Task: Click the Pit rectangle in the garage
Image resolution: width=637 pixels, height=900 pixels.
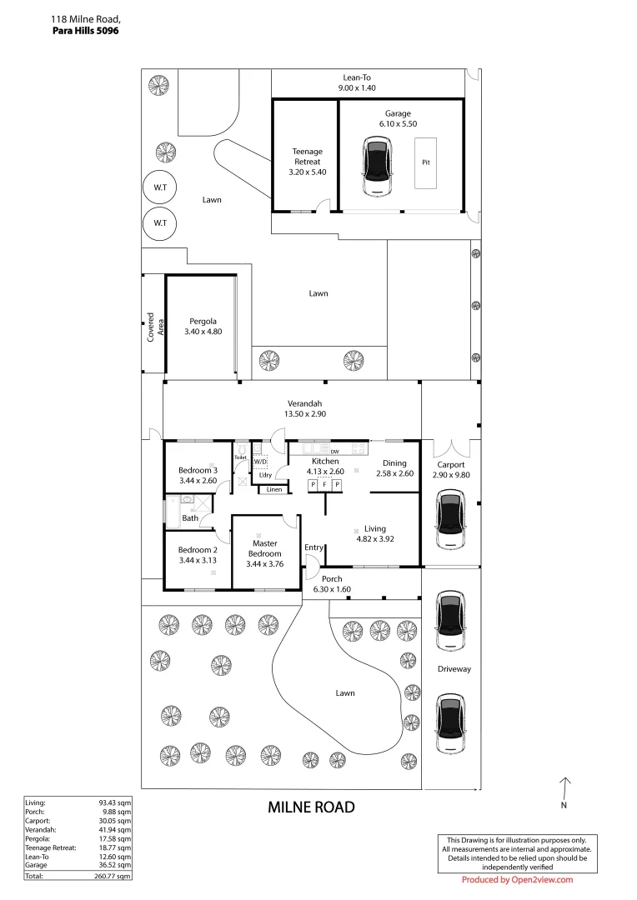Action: click(425, 162)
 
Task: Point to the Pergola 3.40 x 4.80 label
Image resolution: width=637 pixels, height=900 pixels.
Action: click(203, 326)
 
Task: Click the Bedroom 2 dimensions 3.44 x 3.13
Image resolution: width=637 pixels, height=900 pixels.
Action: click(198, 561)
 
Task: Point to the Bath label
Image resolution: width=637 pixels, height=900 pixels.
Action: click(190, 518)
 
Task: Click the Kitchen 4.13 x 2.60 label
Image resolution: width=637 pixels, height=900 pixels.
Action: click(325, 467)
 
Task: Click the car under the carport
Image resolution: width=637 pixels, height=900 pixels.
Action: click(450, 520)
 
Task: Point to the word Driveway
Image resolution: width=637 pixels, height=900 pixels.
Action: click(454, 669)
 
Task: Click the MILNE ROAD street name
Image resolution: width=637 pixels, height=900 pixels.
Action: click(311, 807)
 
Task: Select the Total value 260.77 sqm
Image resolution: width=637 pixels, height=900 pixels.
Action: click(115, 877)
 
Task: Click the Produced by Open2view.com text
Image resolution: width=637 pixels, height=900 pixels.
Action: click(517, 880)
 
